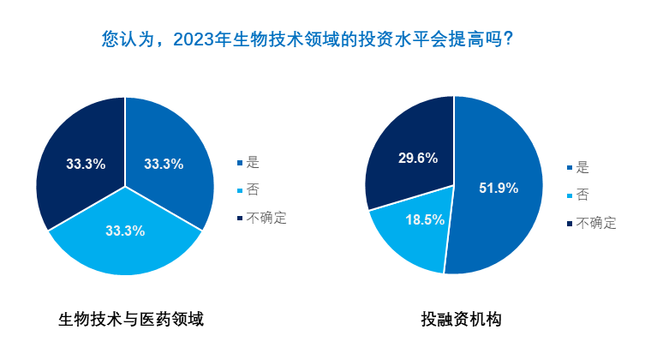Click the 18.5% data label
[x=424, y=219]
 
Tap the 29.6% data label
[x=418, y=158]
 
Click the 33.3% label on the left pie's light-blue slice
[x=125, y=230]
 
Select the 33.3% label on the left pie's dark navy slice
[x=86, y=164]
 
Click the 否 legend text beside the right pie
[x=583, y=195]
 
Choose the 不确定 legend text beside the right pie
[x=596, y=223]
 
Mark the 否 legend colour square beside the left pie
[x=240, y=190]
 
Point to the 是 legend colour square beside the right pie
[x=570, y=167]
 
